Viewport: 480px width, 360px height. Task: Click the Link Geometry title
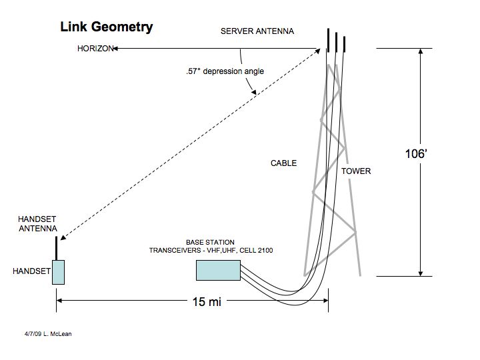[107, 27]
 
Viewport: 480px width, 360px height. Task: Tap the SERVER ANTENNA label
[257, 31]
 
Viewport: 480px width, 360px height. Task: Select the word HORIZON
[95, 49]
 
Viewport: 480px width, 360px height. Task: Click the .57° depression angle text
[225, 71]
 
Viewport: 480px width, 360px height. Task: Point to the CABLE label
[283, 163]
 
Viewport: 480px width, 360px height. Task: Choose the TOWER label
[356, 171]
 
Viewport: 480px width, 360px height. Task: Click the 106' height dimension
[416, 154]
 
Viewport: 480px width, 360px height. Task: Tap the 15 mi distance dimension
[207, 301]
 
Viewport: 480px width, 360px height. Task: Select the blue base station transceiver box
[218, 270]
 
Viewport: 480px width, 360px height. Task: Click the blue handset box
[58, 272]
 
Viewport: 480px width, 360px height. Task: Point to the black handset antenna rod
[56, 248]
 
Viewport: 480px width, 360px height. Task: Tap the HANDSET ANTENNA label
[37, 224]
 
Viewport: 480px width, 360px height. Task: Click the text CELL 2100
[256, 251]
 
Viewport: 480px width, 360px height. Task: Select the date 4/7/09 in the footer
[33, 334]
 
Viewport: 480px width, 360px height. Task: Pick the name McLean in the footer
[61, 334]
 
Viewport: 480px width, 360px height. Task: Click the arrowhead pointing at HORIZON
[115, 49]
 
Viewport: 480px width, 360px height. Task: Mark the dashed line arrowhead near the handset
[63, 237]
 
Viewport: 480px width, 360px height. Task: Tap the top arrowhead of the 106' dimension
[421, 51]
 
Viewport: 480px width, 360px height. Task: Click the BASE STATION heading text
[210, 242]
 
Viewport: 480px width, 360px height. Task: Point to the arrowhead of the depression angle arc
[253, 92]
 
